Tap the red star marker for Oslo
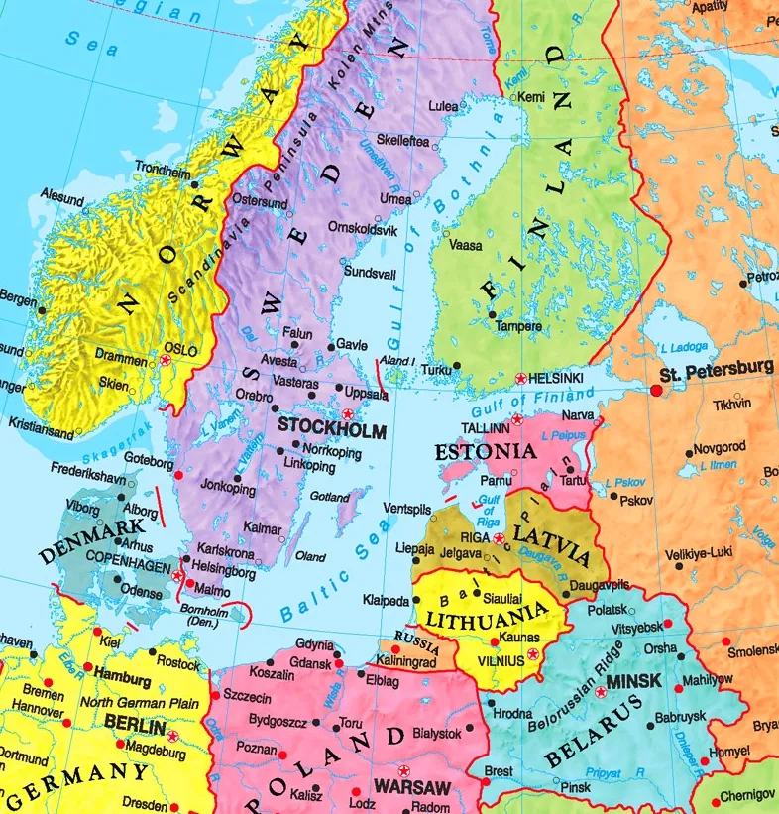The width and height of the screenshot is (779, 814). click(x=166, y=363)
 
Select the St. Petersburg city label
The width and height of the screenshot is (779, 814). click(x=717, y=369)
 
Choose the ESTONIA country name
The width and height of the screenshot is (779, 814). click(x=485, y=452)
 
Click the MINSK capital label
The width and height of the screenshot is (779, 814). click(x=634, y=683)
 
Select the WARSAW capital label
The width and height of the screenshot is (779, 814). click(x=412, y=788)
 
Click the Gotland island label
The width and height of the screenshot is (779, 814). click(x=330, y=496)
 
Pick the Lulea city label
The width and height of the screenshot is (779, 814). click(x=443, y=105)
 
